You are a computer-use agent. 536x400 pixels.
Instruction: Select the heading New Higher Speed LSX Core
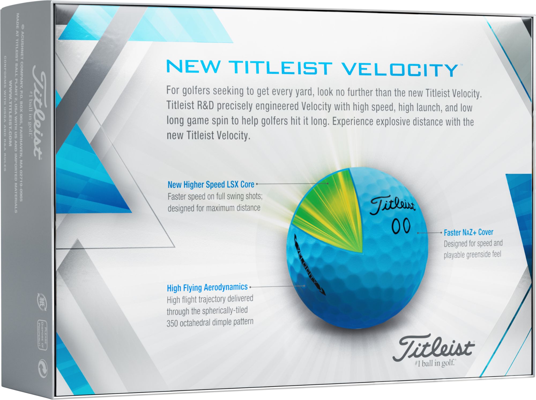[211, 184]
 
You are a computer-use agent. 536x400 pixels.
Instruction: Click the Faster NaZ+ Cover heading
[468, 232]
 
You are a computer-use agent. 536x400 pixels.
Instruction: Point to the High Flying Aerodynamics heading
[207, 287]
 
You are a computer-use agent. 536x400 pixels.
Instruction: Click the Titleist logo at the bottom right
[433, 347]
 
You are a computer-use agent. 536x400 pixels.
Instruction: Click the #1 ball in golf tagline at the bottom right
[434, 364]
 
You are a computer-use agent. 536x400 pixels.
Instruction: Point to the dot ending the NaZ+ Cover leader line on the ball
[418, 233]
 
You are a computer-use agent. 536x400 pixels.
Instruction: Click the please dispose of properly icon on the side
[42, 335]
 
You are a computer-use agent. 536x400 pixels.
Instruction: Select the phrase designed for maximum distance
[214, 208]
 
